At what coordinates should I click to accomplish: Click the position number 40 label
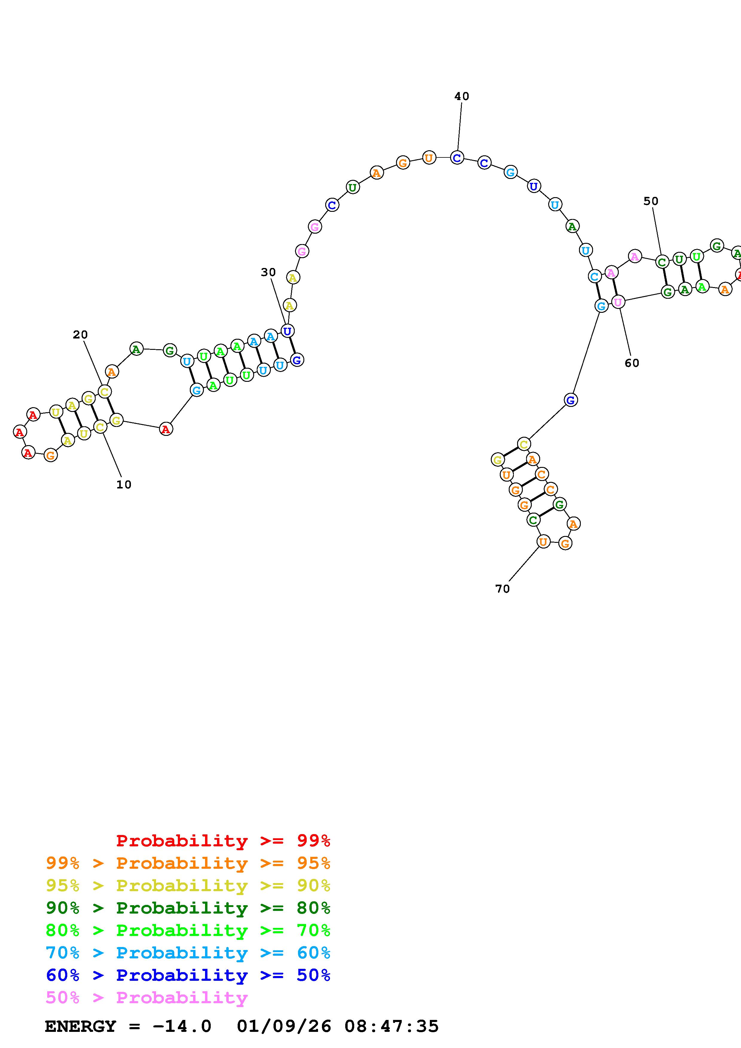(x=462, y=96)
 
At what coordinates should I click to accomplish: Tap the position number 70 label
(x=502, y=589)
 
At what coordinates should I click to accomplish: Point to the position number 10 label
(x=124, y=485)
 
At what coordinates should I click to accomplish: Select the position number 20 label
(x=80, y=335)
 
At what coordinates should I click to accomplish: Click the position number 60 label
(x=632, y=363)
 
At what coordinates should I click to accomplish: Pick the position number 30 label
(x=268, y=272)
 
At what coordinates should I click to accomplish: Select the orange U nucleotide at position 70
(x=543, y=542)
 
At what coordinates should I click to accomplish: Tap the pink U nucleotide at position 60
(x=618, y=302)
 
